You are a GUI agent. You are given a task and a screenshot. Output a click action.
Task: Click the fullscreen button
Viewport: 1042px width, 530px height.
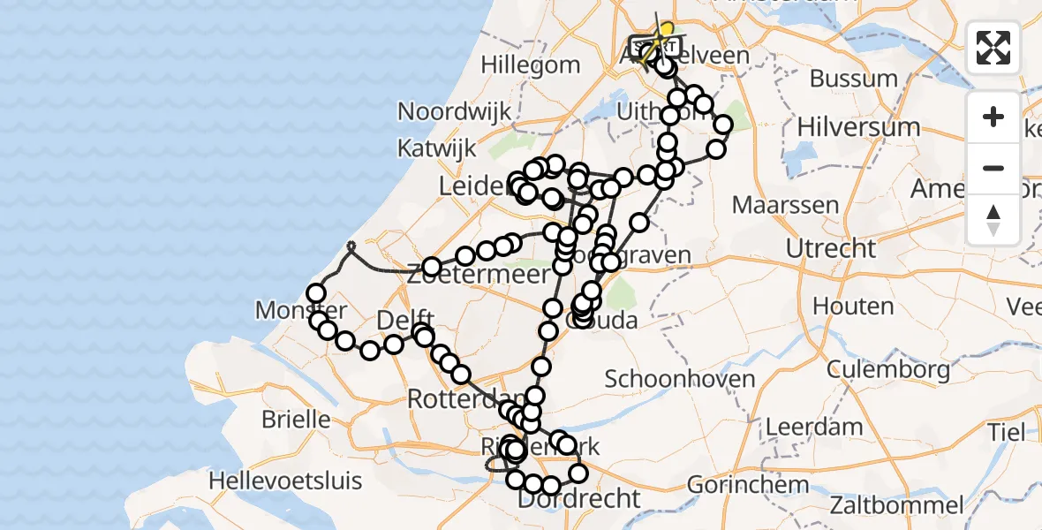pos(993,48)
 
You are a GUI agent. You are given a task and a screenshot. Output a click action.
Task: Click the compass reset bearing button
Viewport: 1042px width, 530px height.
pos(993,219)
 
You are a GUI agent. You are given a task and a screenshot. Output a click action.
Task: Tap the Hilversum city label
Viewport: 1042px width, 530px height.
pos(858,126)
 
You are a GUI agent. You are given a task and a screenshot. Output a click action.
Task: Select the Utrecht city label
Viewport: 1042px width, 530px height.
pos(830,248)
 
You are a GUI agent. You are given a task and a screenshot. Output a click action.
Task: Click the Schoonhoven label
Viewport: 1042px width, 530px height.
pos(679,380)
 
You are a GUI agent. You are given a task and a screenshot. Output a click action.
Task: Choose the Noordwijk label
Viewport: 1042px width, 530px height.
pos(455,111)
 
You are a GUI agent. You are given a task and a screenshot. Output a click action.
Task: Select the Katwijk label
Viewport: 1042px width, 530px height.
pos(437,148)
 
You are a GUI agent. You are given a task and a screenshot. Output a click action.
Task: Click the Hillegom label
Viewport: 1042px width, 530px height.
pos(531,64)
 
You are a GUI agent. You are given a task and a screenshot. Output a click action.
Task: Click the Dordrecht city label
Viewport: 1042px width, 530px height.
pos(578,499)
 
